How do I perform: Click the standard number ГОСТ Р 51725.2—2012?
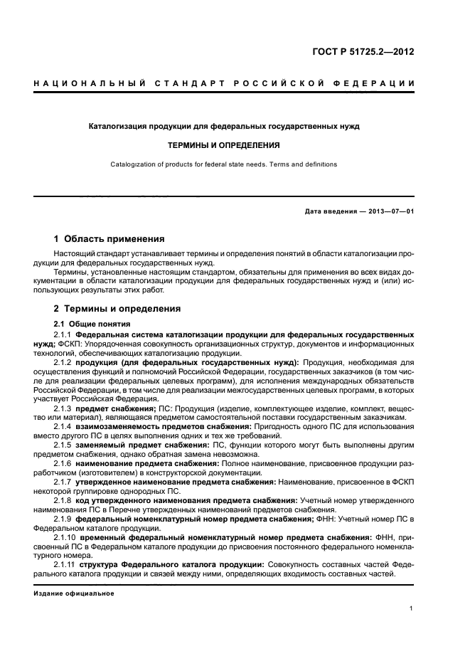tap(365, 52)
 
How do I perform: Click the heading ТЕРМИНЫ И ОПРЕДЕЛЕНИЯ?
tap(223, 145)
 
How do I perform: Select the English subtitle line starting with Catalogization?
tap(223, 164)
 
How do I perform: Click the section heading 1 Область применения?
tap(109, 239)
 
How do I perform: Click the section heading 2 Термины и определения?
tap(117, 309)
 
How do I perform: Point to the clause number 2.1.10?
tap(65, 537)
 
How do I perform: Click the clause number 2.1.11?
tap(65, 564)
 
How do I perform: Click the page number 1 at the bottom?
tap(412, 608)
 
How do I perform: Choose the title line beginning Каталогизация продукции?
tap(223, 126)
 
